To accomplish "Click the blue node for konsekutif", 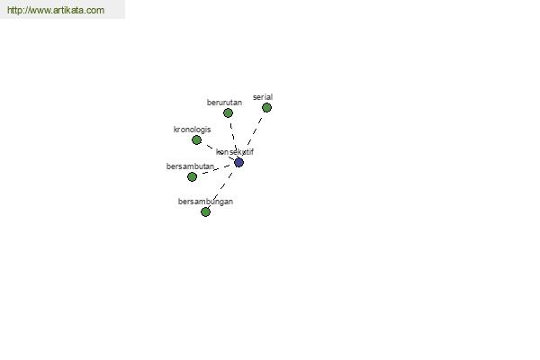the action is tap(238, 162).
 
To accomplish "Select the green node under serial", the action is tap(266, 107).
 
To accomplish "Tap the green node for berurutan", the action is tap(228, 112).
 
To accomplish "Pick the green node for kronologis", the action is tap(196, 139).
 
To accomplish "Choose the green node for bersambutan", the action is tap(193, 176).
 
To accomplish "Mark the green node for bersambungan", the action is tap(205, 211).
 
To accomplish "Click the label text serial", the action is tap(263, 97).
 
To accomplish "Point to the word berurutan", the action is tap(224, 103).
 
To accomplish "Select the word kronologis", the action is tap(193, 130).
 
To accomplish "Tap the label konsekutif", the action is tap(235, 152).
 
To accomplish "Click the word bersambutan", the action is tap(190, 166).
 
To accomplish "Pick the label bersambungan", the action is tap(205, 202).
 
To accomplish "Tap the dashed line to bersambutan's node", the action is tap(216, 169).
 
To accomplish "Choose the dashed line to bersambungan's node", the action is tap(220, 190).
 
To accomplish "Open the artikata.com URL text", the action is tap(56, 10).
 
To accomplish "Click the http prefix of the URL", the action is tap(14, 10).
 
